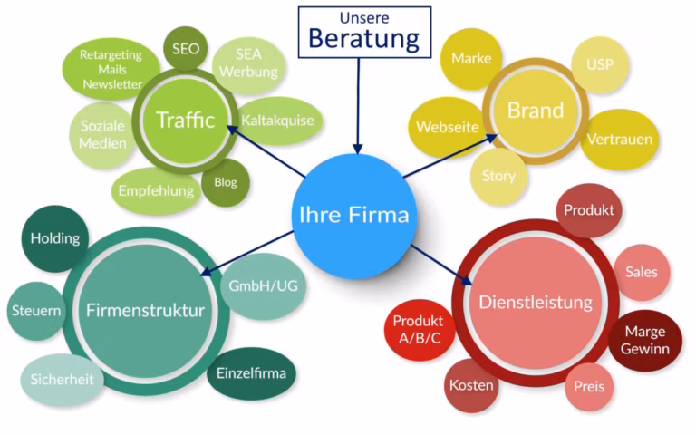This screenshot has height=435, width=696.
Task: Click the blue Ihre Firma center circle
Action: point(354,216)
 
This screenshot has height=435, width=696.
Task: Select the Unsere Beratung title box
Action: point(363,32)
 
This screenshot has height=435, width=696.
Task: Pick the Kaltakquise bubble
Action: point(278,120)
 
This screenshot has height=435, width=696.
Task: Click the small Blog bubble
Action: point(226,181)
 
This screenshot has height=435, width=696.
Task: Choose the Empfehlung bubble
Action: point(156,190)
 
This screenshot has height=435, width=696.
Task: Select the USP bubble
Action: point(599,65)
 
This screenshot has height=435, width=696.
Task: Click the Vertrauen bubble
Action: point(620,140)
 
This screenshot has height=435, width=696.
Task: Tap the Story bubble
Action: point(498,176)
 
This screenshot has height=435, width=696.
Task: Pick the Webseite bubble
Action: point(447,127)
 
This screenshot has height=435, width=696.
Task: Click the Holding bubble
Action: point(54,239)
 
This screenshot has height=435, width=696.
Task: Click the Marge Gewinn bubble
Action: point(644,339)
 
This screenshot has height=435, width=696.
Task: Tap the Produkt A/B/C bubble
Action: point(418,330)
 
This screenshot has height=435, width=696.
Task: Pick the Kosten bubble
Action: point(471,385)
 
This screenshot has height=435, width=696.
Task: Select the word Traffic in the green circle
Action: point(185,120)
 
